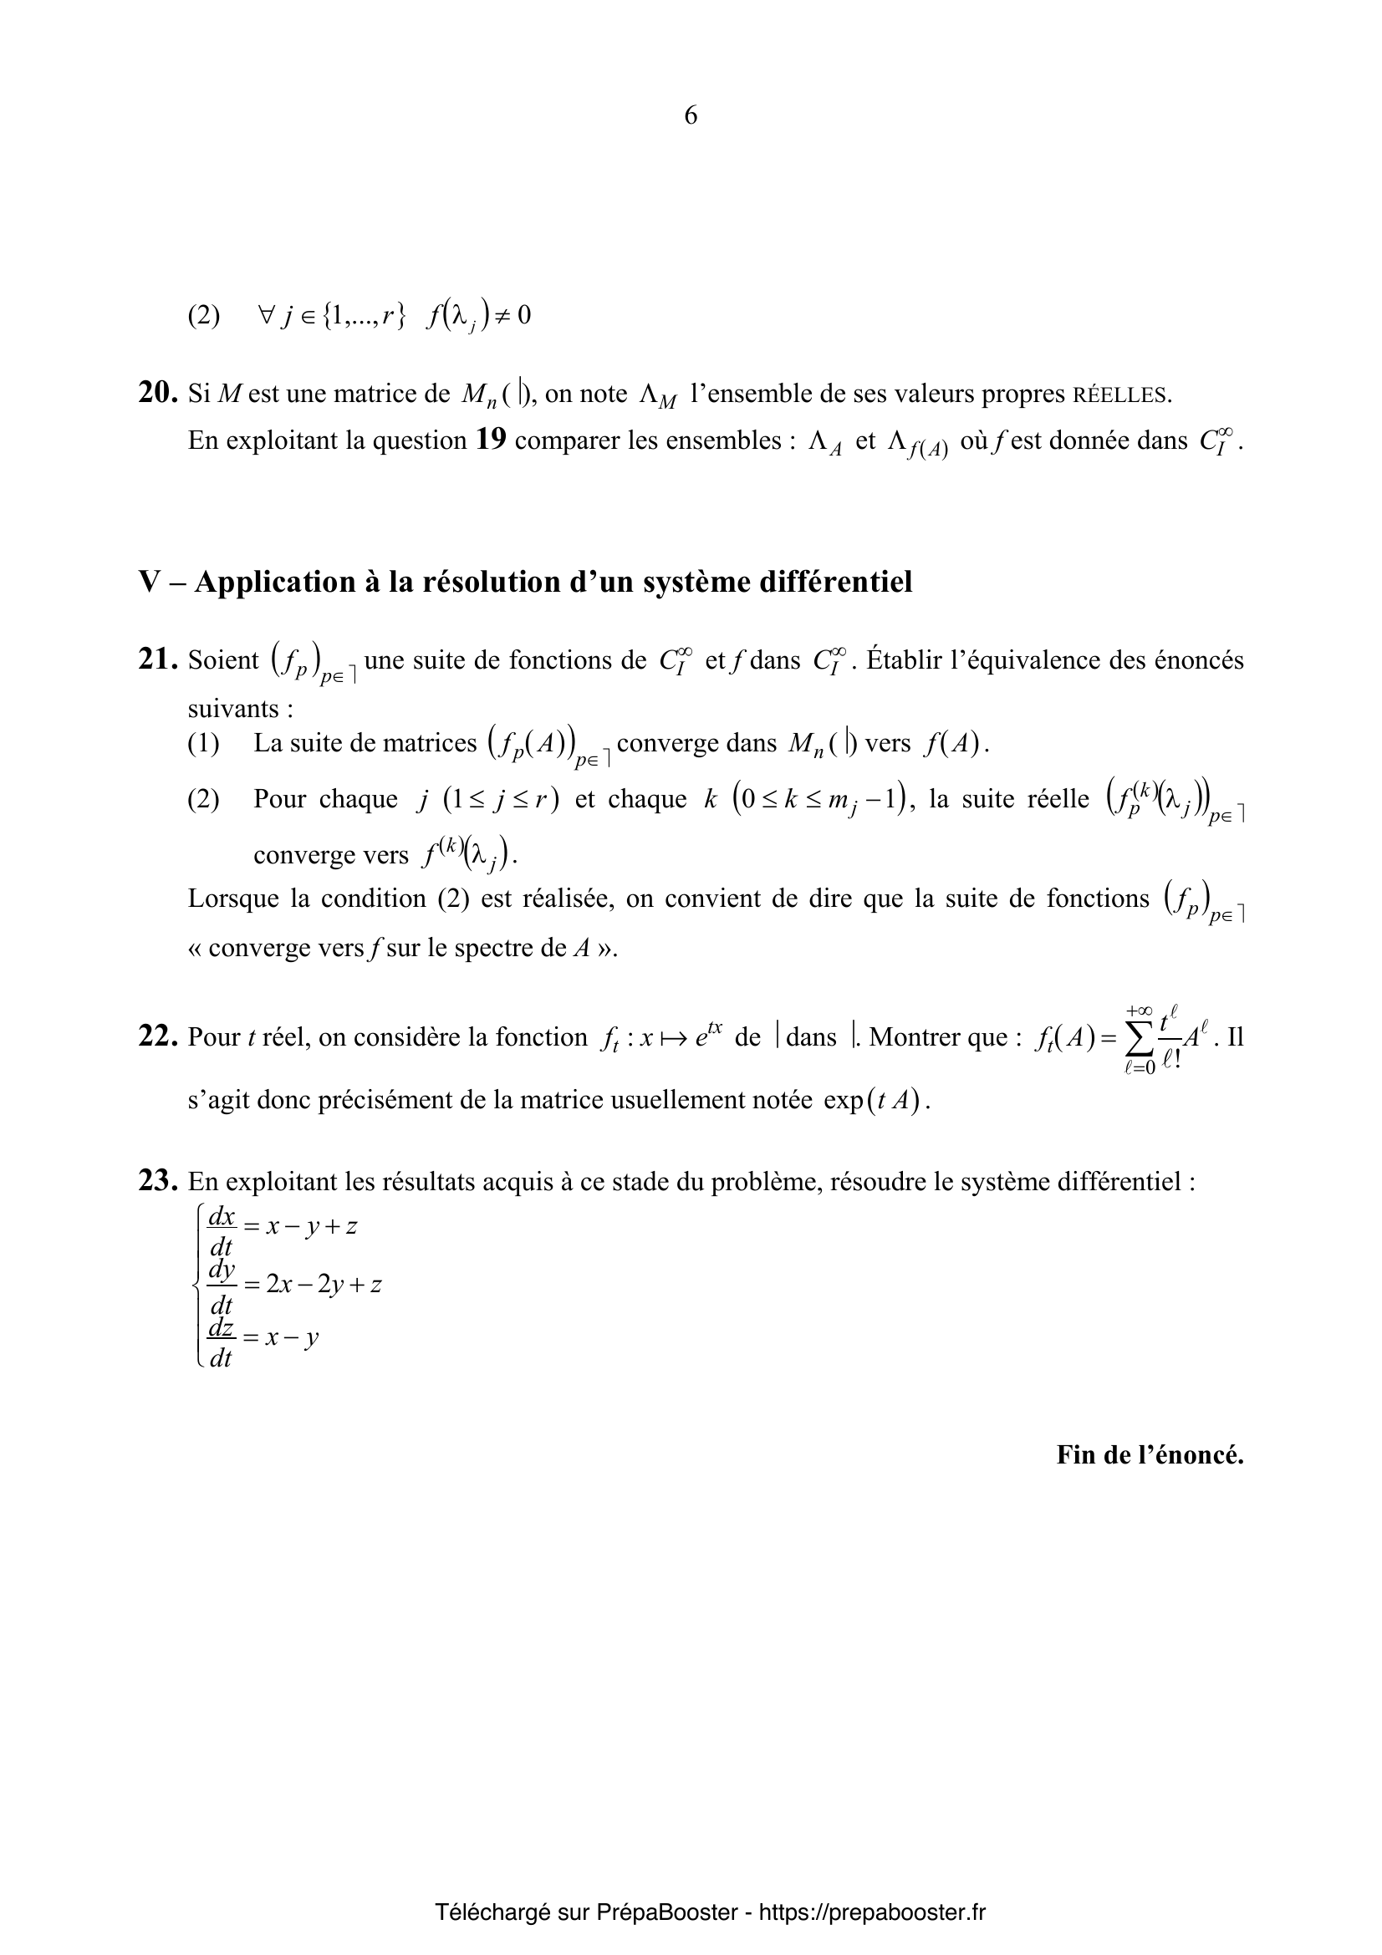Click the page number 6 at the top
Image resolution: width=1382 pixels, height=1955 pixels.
pos(691,115)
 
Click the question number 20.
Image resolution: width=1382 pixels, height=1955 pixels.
pos(156,393)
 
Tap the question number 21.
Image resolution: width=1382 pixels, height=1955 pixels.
pos(156,660)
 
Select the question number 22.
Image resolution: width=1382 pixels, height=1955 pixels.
pos(156,1037)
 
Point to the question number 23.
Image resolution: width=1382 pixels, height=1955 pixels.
pos(156,1181)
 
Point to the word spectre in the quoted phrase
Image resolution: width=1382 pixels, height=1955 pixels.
pos(494,948)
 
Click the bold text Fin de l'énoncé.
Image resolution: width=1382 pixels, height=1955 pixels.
pos(1150,1454)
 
